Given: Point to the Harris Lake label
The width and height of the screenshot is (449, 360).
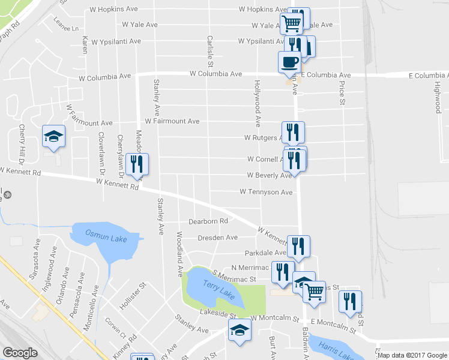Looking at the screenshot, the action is [x=336, y=350].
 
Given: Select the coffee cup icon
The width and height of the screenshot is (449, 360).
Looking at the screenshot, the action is [x=290, y=62].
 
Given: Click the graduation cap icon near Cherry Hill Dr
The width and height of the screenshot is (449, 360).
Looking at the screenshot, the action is [x=53, y=136].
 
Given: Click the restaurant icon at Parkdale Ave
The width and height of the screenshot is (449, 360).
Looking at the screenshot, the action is [x=298, y=246].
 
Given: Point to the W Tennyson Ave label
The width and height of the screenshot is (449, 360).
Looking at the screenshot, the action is [x=266, y=192].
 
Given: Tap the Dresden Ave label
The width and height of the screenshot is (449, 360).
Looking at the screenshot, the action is [x=218, y=238].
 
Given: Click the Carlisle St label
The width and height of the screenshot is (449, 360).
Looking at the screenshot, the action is [x=210, y=50].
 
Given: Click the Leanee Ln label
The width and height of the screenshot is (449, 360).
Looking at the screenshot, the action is [x=67, y=28].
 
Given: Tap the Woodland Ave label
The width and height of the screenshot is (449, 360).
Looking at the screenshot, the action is [x=179, y=254].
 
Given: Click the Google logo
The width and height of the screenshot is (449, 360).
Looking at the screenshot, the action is [x=20, y=353].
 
